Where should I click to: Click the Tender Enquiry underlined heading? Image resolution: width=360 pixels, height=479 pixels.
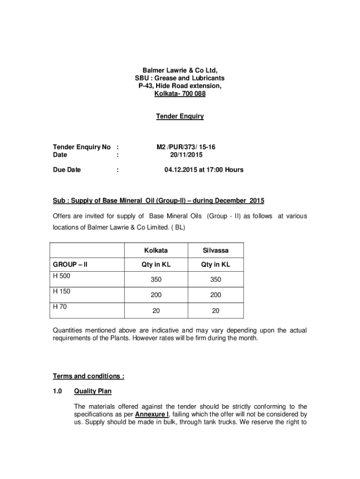tap(180, 116)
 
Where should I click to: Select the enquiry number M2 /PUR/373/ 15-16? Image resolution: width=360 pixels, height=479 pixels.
tap(186, 147)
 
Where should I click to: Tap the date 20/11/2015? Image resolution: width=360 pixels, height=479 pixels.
tap(186, 155)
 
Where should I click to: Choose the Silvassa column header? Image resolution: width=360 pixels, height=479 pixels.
tap(216, 251)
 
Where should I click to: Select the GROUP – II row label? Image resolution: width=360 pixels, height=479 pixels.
tap(71, 265)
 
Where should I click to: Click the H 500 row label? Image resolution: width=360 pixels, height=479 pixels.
tap(61, 276)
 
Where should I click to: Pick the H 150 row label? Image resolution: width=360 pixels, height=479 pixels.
tap(61, 291)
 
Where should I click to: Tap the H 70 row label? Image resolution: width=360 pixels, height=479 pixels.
tap(60, 307)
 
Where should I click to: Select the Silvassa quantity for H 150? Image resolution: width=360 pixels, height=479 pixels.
tap(216, 295)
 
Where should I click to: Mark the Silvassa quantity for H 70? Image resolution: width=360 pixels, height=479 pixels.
tap(216, 311)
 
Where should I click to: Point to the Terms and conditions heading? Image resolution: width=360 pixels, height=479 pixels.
tap(89, 377)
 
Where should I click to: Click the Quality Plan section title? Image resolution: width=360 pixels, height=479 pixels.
tap(93, 392)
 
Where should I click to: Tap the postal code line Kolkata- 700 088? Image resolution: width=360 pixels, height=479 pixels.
tap(180, 94)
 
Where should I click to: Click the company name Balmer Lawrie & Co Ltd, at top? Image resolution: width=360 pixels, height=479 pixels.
tap(180, 70)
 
